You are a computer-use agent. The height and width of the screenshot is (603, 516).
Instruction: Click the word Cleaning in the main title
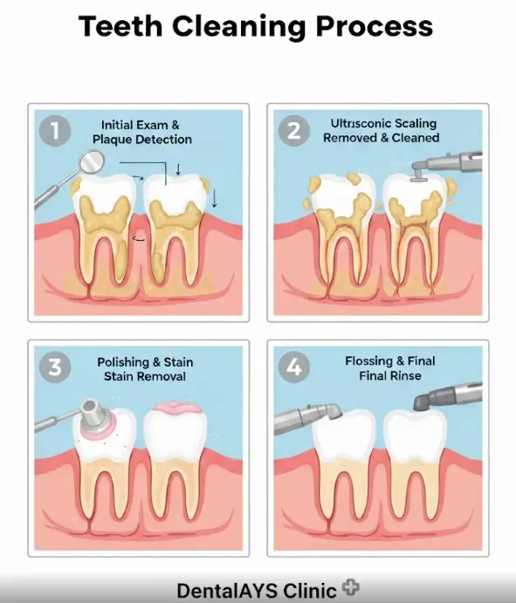[238, 27]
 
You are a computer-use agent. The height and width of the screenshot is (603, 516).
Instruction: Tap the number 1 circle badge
[55, 130]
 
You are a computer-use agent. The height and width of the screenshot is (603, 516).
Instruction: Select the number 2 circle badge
[294, 130]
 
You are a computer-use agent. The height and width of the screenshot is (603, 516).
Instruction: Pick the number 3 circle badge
[55, 367]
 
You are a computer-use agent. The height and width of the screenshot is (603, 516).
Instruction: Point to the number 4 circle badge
[294, 367]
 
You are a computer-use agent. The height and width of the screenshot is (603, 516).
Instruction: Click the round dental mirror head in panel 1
[91, 161]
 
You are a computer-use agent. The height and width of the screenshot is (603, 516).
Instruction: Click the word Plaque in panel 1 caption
[110, 140]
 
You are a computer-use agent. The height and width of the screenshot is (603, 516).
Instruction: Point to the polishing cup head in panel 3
[94, 416]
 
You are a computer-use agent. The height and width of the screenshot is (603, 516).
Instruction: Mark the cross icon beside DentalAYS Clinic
[350, 587]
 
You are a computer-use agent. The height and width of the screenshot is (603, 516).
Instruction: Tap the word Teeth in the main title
[120, 26]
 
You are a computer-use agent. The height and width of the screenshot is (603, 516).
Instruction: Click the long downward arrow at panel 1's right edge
[214, 199]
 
